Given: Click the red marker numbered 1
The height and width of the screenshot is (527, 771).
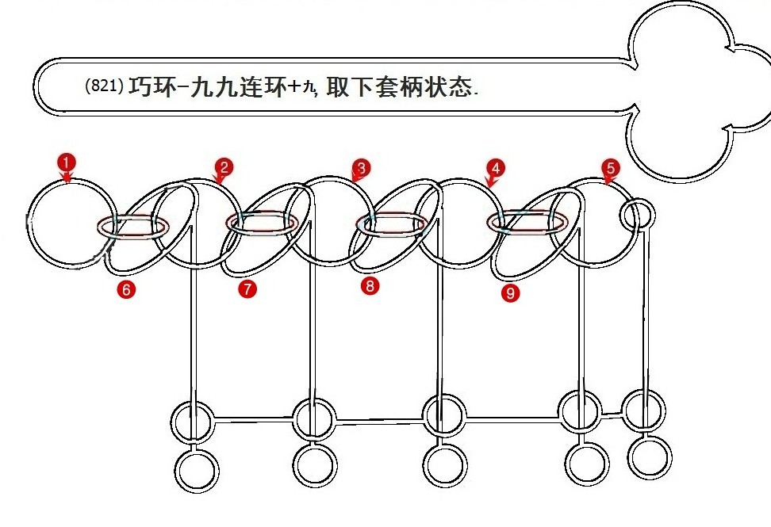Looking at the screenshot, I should pos(67,162).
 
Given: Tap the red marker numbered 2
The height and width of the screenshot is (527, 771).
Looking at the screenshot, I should pos(224,167).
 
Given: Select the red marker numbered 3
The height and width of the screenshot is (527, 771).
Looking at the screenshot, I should pos(361,169).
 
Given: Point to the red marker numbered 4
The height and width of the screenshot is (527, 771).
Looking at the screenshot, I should pos(496,169).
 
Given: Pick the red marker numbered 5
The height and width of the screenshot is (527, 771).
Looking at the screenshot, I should pos(610,168).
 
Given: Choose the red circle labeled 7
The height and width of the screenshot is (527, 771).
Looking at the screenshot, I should pos(247,289).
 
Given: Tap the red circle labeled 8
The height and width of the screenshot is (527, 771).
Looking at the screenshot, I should pos(370,287).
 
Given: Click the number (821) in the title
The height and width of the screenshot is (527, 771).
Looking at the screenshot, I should pos(103,87).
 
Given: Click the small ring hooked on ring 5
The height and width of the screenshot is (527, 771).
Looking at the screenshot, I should pos(638,215).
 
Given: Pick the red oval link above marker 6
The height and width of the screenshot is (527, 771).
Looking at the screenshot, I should pos(132,227).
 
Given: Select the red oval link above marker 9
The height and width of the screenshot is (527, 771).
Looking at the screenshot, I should pos(527,223).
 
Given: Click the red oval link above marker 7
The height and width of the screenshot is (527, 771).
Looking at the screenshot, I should pos(263,224).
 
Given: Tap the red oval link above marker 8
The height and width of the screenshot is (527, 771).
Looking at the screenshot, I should pos(391,224).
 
